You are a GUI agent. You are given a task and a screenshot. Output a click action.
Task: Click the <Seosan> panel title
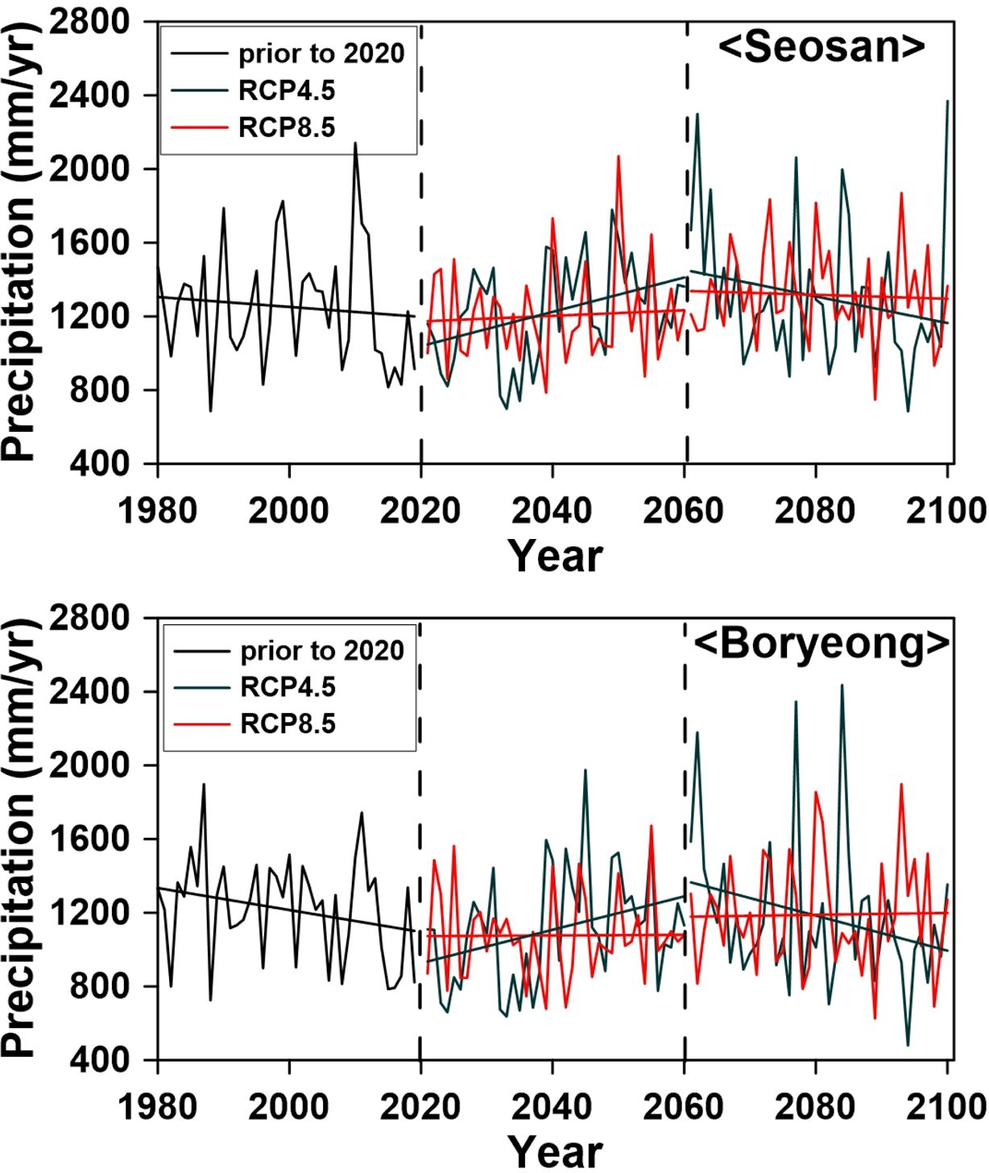click(821, 48)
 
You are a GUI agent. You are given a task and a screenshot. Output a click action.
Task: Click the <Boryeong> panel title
click(821, 644)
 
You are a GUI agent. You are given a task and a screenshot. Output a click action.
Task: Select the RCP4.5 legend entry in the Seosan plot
click(286, 91)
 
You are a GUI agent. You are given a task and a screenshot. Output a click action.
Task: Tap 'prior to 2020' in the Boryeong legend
click(321, 651)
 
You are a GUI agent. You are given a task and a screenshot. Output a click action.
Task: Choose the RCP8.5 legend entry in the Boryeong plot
click(288, 724)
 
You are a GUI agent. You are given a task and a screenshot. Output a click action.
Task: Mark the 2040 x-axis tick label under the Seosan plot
click(552, 512)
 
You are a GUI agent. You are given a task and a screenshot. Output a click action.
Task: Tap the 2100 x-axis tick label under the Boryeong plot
click(946, 1107)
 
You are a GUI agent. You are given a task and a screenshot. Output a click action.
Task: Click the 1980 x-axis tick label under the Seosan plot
click(158, 512)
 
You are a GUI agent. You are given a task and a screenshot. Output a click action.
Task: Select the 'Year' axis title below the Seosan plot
click(555, 557)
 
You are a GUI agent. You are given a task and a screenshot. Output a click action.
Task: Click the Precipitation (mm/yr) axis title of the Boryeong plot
click(19, 838)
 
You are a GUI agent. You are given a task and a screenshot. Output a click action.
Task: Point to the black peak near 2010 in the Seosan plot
click(355, 144)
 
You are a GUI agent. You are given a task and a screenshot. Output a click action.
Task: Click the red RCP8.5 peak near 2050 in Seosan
click(619, 157)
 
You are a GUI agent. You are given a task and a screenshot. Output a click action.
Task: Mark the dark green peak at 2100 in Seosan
click(947, 102)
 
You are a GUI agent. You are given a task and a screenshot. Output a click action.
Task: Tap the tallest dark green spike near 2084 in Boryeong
click(842, 686)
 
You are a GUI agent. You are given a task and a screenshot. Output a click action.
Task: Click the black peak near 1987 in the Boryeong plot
click(204, 784)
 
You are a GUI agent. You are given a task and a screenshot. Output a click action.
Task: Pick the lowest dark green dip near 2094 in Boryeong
click(908, 1044)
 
